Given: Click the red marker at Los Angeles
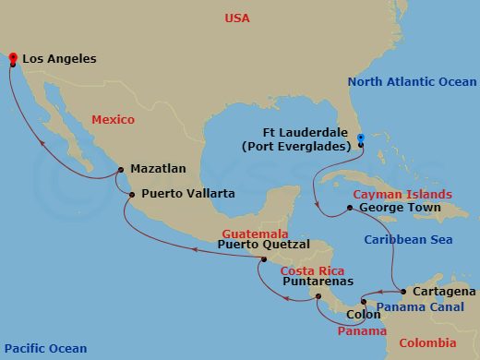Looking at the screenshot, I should coord(13,60).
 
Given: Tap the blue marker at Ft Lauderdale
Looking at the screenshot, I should coord(361,139).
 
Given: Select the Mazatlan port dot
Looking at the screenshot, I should coord(119,169).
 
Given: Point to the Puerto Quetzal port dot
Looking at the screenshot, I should coord(263,259).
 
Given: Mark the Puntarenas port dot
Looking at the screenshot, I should coord(318,296).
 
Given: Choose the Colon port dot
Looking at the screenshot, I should coord(364,303).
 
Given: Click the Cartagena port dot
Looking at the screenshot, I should coord(403,291).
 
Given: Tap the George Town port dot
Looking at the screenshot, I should coord(349,208).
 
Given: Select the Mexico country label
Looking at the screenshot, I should coord(113,119).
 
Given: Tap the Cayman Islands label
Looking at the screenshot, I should coord(402,194).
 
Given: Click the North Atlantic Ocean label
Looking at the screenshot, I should coord(411,82).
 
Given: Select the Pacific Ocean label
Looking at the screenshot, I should coord(44,348).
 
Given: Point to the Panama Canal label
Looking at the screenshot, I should coord(420,306).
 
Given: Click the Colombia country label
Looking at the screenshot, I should coord(426,343).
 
